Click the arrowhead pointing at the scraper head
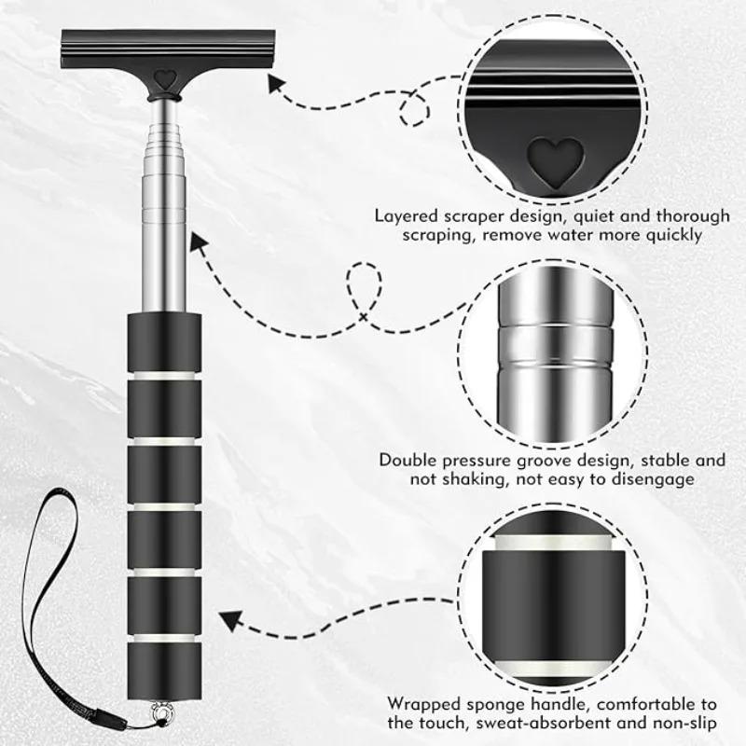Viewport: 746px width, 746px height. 277,85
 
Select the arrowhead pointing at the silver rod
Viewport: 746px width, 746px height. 199,244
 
